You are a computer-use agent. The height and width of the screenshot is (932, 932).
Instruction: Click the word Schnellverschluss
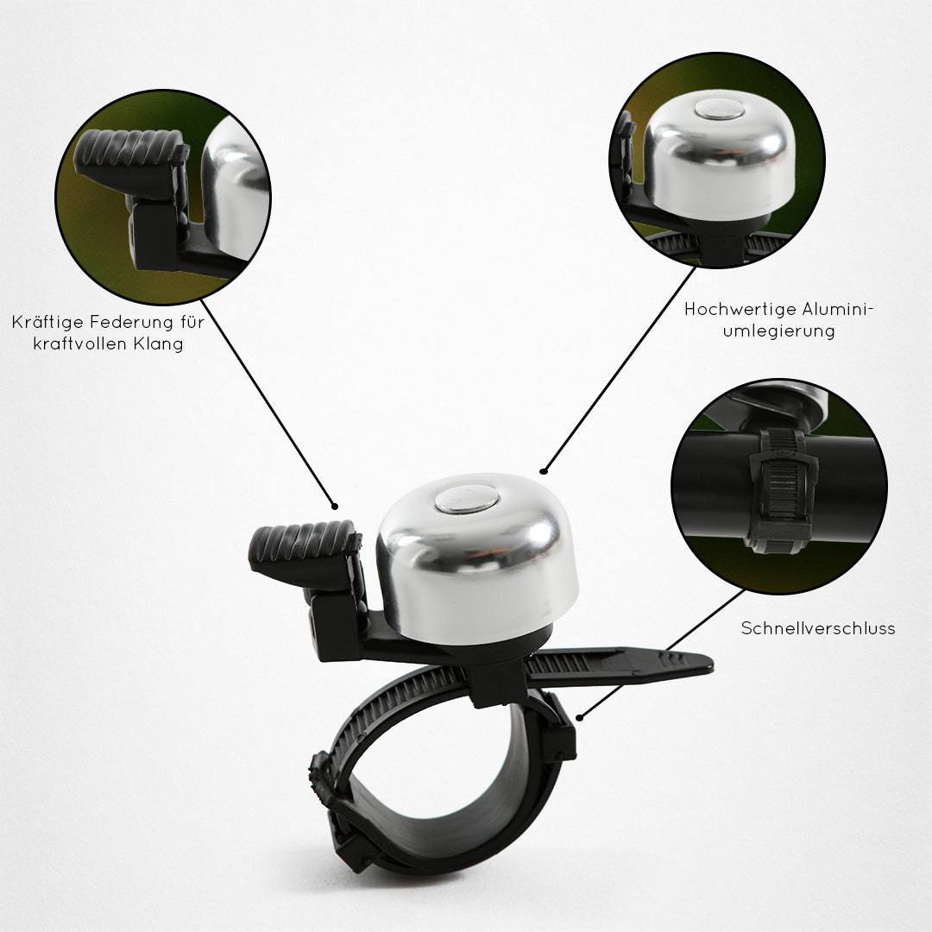pos(818,628)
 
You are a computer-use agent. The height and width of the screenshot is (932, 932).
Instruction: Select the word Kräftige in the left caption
pos(47,322)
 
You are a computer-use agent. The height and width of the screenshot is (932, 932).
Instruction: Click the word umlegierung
pos(778,331)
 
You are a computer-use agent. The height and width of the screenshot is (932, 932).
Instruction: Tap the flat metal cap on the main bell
pos(466,499)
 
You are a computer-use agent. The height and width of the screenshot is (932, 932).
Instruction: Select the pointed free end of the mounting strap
pos(708,663)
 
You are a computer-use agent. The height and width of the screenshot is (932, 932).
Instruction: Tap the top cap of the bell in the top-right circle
pos(719,110)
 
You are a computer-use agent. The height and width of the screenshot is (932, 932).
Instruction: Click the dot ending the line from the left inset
pos(335,507)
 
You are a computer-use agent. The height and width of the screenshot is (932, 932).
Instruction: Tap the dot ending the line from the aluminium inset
pos(543,471)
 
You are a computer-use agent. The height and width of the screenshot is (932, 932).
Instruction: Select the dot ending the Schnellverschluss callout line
pos(580,718)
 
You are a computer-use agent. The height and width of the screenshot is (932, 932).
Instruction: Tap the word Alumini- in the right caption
pos(838,310)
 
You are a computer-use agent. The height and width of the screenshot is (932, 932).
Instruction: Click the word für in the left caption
pos(192,322)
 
